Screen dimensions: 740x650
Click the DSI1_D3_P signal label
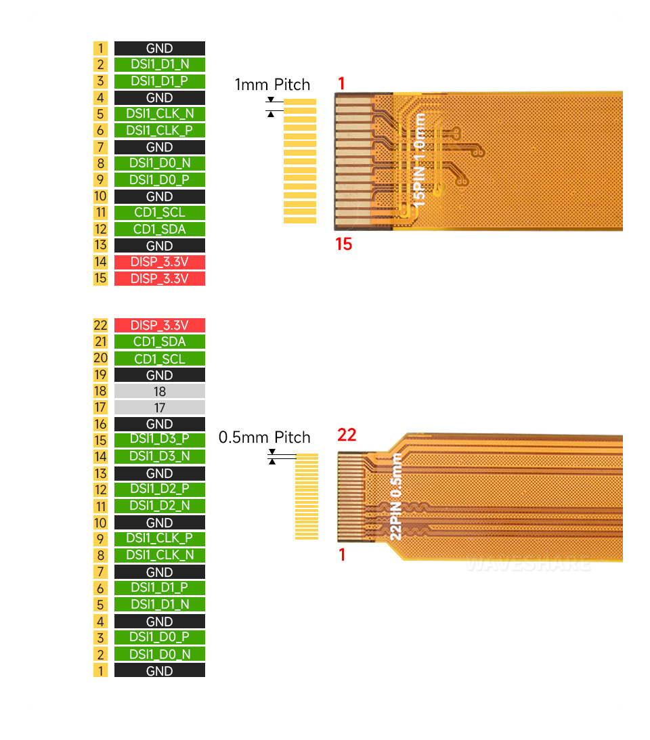[x=159, y=440]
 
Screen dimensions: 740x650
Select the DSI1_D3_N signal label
[x=159, y=456]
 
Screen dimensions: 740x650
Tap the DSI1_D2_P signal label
[x=159, y=489]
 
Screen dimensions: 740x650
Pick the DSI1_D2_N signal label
[x=159, y=506]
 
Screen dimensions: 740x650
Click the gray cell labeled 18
[x=159, y=391]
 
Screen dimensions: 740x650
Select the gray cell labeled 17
[x=159, y=408]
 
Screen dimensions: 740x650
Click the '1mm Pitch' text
[x=272, y=85]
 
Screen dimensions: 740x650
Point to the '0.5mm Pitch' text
[x=264, y=437]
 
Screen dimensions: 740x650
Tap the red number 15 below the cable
[x=344, y=244]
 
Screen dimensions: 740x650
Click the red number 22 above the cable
[x=347, y=435]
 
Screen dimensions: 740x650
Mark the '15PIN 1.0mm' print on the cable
[x=420, y=160]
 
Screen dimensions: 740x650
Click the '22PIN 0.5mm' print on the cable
[x=397, y=496]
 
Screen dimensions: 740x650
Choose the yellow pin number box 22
[x=100, y=325]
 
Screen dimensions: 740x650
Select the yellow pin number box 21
[x=100, y=342]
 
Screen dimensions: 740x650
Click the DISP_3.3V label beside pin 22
[x=159, y=325]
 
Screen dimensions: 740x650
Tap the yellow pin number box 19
[x=100, y=375]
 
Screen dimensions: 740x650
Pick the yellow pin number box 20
[x=100, y=359]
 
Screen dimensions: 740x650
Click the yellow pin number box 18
[x=100, y=391]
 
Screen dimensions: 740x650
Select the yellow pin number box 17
[x=100, y=408]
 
